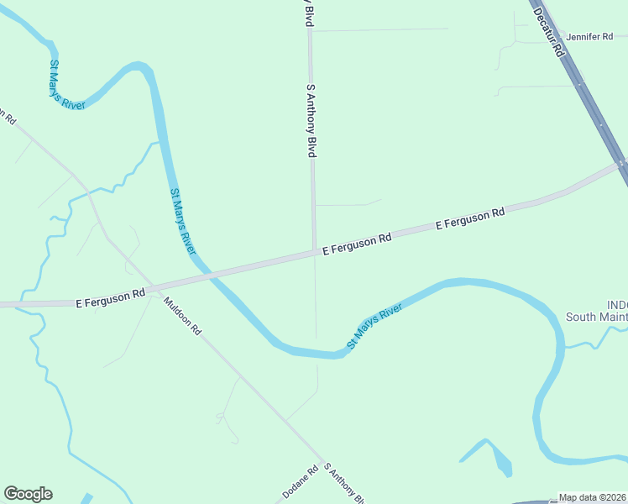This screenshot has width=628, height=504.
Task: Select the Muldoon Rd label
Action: tap(182, 316)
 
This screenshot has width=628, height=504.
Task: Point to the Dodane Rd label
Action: tap(300, 483)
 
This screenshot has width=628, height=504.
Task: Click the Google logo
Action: tap(29, 494)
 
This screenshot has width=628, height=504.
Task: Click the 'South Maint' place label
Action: tap(596, 317)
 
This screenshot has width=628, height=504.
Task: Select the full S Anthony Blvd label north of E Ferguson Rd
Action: tap(311, 120)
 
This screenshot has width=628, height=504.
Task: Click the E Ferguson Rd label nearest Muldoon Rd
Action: tap(111, 297)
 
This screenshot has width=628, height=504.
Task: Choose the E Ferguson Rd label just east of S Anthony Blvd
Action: tap(357, 244)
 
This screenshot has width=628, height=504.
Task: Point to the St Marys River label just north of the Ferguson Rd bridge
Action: tap(183, 222)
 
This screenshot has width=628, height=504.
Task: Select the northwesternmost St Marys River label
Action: tap(66, 84)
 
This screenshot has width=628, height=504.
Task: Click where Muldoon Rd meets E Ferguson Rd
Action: tap(152, 287)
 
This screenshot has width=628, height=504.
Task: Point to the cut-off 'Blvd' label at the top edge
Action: tap(308, 12)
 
